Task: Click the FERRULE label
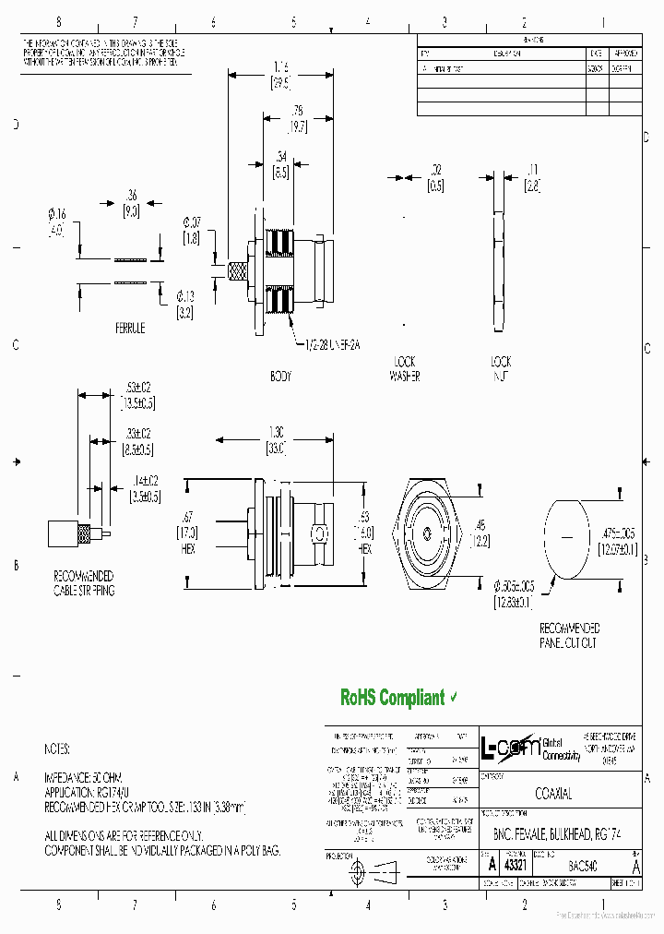pos(130,328)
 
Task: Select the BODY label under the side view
pos(280,377)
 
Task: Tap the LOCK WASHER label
pos(404,369)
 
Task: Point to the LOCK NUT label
pos(501,369)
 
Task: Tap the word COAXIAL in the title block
pos(553,794)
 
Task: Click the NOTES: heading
pos(57,749)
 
